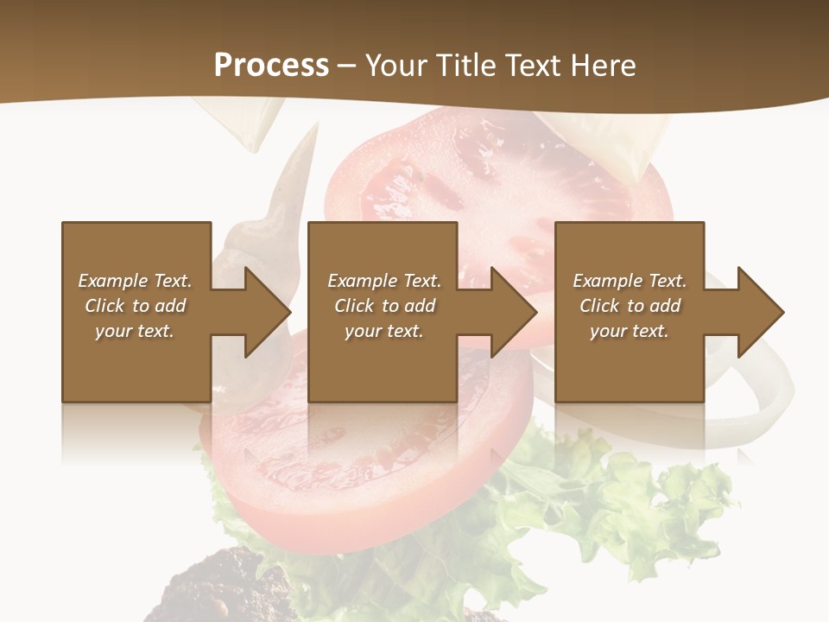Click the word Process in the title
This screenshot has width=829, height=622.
coord(271,66)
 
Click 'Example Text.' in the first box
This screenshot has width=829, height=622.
coord(135,281)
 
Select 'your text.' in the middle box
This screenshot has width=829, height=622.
coord(383,331)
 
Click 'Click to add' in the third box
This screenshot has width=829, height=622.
coord(630,306)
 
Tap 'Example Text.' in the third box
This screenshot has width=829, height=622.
coord(630,281)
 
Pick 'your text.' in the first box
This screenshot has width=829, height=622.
coord(135,331)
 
